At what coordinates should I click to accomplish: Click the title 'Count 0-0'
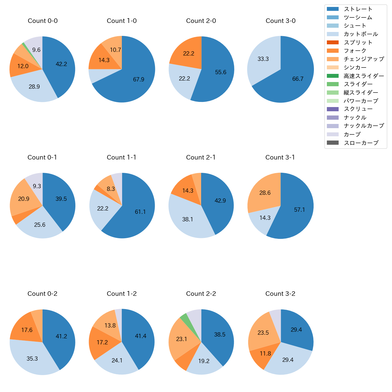pyautogui.click(x=43, y=21)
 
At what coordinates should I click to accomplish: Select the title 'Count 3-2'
pyautogui.click(x=280, y=294)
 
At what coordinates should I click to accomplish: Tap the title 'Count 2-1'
pyautogui.click(x=201, y=157)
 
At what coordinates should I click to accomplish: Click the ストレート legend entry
pyautogui.click(x=358, y=9)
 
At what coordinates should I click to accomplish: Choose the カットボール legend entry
pyautogui.click(x=361, y=34)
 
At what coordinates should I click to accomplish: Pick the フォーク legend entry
pyautogui.click(x=355, y=51)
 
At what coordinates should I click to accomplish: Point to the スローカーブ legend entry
pyautogui.click(x=361, y=143)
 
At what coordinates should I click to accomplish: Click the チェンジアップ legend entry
pyautogui.click(x=364, y=59)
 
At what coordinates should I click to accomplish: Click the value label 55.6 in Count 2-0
pyautogui.click(x=221, y=72)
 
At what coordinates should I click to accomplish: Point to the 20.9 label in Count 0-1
pyautogui.click(x=24, y=199)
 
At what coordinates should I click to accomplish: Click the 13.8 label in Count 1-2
pyautogui.click(x=110, y=326)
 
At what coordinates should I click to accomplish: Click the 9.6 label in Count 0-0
pyautogui.click(x=36, y=50)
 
